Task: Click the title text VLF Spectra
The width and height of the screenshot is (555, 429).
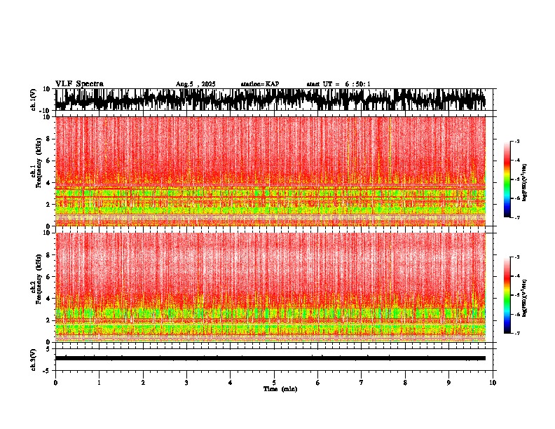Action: [79, 83]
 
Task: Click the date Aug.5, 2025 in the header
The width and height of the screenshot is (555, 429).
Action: [196, 84]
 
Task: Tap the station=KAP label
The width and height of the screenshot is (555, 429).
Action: [259, 84]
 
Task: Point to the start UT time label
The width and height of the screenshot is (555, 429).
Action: [338, 84]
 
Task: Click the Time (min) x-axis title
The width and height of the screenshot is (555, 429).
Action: [279, 388]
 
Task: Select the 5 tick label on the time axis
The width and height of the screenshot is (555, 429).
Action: [274, 382]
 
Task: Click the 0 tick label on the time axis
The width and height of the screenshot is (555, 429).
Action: [55, 382]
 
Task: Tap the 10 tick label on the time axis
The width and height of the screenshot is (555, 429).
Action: [493, 382]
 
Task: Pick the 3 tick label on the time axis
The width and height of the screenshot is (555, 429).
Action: [186, 382]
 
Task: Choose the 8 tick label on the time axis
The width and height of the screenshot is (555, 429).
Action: [405, 382]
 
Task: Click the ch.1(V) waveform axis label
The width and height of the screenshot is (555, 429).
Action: [34, 100]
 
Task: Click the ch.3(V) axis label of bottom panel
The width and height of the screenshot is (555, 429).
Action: [34, 357]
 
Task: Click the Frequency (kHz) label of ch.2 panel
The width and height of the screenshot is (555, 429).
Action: [39, 287]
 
